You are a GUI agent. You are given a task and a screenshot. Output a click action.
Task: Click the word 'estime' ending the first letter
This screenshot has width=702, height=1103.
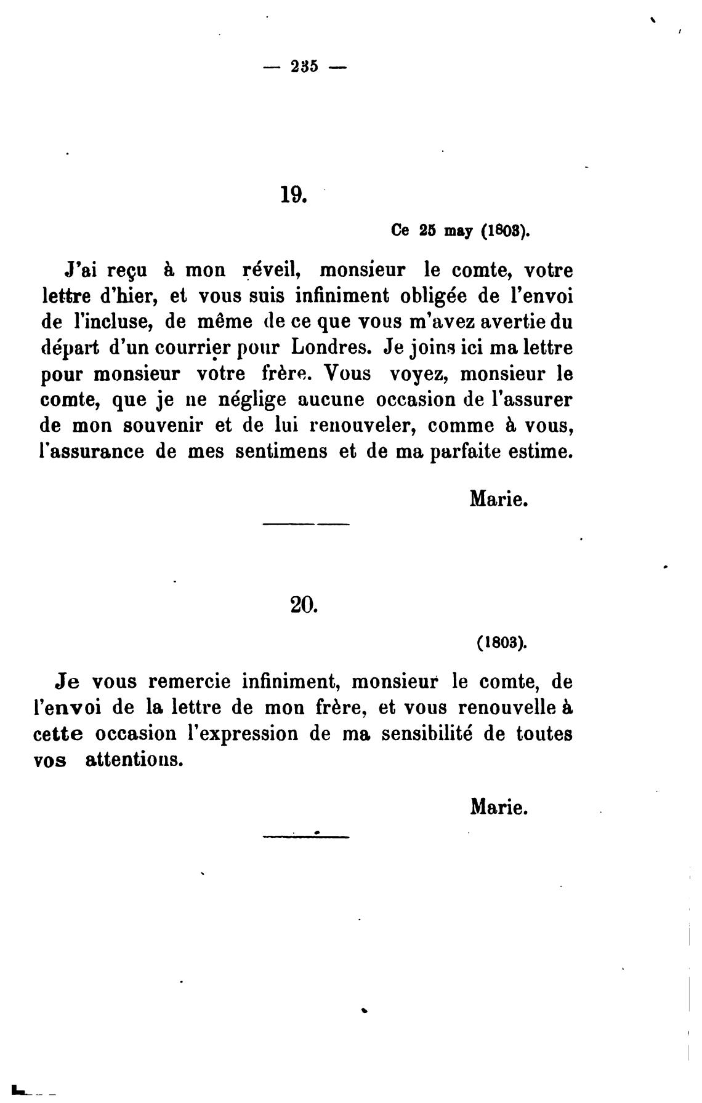tap(539, 452)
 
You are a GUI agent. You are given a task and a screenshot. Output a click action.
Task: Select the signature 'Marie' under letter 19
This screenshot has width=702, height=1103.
tap(499, 498)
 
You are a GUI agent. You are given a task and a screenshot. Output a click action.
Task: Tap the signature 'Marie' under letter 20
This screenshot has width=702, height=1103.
tap(499, 806)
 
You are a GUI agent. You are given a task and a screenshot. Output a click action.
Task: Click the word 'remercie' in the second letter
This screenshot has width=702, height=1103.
tap(188, 682)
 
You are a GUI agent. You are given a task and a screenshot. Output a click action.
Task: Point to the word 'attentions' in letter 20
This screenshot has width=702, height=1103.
tap(135, 760)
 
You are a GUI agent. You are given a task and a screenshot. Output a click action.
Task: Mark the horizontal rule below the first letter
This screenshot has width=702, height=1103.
tap(306, 524)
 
